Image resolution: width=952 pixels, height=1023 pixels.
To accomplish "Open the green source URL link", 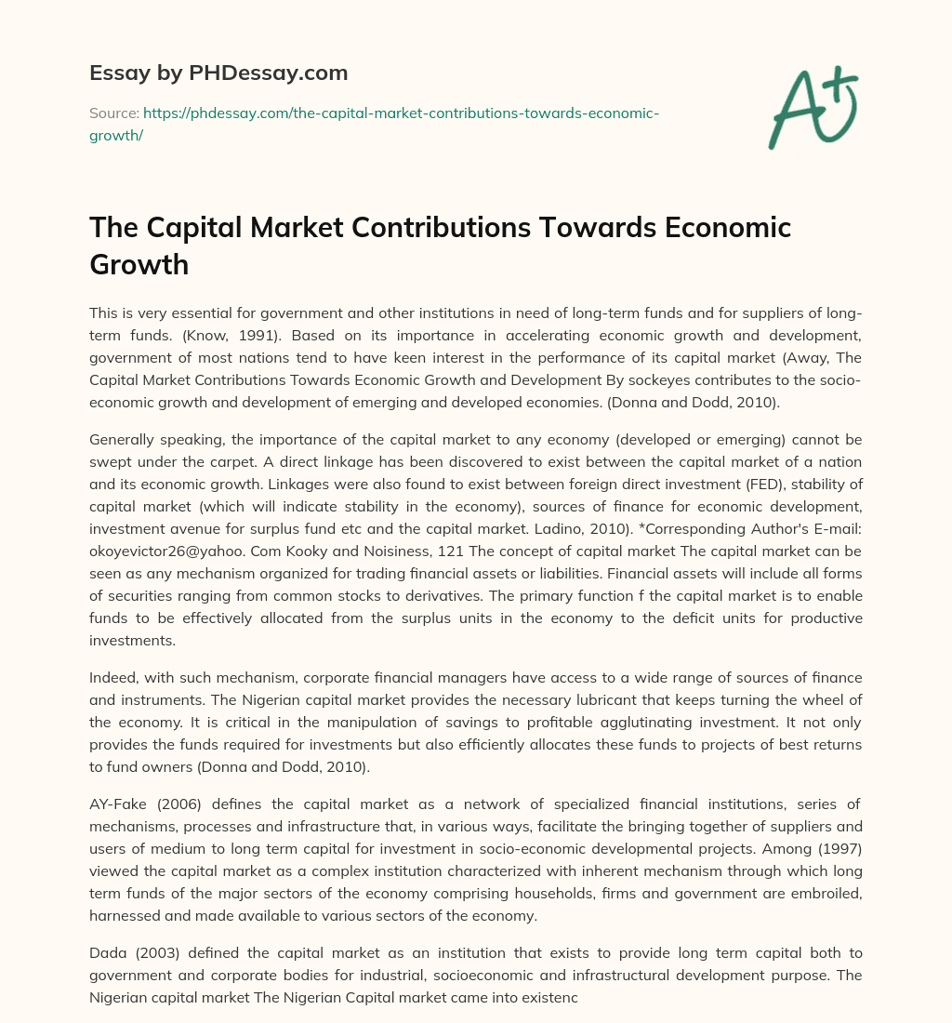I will pos(400,113).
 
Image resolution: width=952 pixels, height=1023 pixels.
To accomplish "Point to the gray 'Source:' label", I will pos(112,113).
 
